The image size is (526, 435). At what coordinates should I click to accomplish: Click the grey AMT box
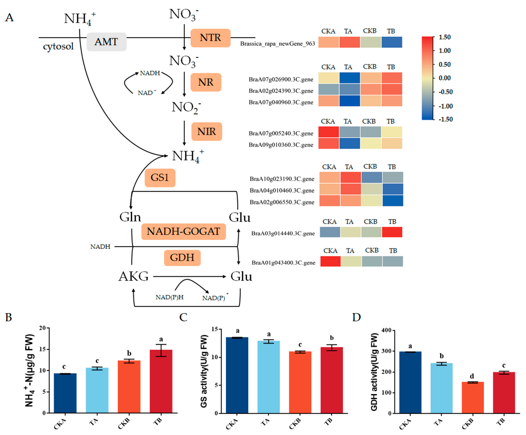click(x=107, y=42)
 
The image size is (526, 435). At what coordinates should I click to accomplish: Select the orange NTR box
click(x=210, y=38)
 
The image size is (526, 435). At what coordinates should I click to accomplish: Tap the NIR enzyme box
click(x=207, y=132)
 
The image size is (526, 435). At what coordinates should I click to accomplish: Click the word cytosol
click(x=58, y=46)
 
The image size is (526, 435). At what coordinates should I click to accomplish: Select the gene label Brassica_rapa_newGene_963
click(x=278, y=44)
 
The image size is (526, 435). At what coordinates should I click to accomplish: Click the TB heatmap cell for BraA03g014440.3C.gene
click(x=392, y=232)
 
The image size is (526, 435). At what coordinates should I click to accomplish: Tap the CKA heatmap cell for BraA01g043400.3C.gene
click(x=330, y=261)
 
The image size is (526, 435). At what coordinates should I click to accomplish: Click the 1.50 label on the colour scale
click(x=445, y=37)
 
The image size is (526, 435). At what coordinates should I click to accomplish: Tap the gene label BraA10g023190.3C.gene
click(x=282, y=179)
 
